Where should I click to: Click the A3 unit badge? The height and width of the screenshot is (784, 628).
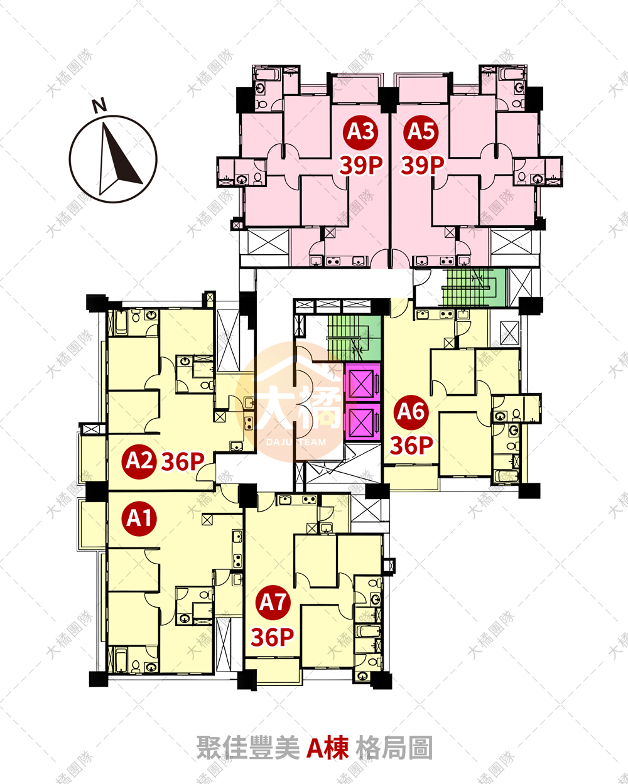360,132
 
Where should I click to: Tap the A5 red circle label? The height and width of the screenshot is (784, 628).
421,132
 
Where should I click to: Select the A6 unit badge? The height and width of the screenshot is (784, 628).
411,412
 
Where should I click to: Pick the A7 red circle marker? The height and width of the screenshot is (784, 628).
273,602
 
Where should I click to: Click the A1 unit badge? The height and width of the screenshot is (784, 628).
139,518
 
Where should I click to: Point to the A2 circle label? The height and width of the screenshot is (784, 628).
139,461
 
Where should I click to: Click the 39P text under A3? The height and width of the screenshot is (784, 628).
361,165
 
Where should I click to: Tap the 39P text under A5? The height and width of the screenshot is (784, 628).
423,165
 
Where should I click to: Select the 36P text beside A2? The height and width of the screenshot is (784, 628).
183,461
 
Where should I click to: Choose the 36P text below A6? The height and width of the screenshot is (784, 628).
411,446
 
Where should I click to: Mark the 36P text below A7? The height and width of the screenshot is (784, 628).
273,638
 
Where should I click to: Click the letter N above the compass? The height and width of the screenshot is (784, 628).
99,105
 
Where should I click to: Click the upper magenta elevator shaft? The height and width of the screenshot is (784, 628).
362,382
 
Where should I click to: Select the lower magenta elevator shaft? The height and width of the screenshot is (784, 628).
362,421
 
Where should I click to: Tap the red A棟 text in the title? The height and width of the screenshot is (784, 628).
327,747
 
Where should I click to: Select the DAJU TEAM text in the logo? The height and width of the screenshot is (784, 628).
296,443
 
